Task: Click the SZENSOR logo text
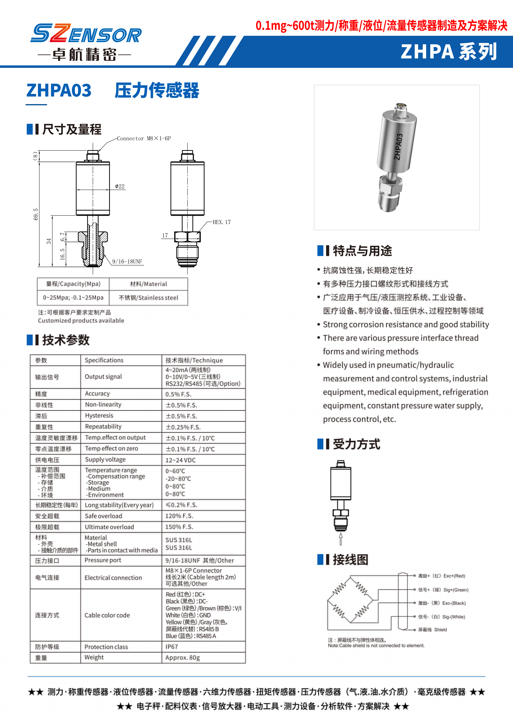[86, 33]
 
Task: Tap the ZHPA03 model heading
[59, 90]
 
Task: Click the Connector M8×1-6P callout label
[144, 138]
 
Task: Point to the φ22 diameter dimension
[120, 186]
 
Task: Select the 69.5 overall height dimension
[36, 214]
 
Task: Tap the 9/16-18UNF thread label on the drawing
[127, 262]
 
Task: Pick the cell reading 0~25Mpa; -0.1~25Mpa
[73, 298]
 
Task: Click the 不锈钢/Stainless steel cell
[149, 298]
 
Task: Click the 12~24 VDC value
[180, 460]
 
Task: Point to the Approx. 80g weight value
[183, 658]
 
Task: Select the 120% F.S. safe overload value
[179, 516]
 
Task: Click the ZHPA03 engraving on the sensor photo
[398, 147]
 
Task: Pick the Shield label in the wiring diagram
[440, 630]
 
